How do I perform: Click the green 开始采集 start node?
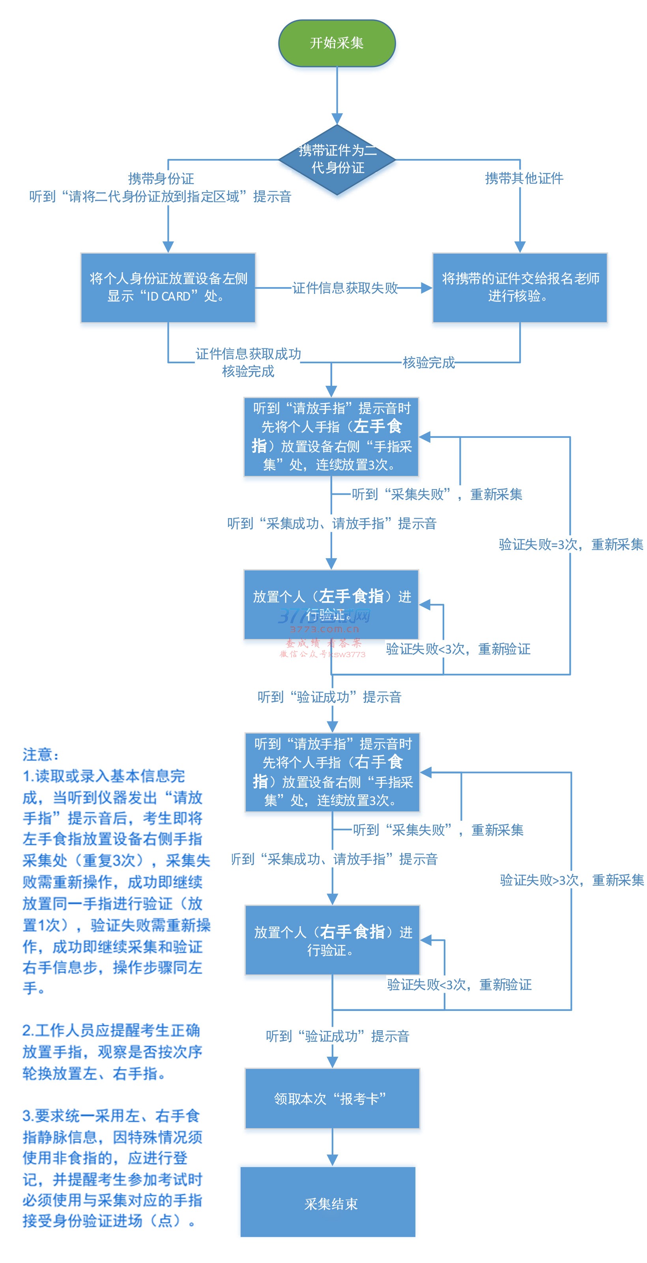[337, 43]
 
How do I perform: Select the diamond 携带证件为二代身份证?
[337, 159]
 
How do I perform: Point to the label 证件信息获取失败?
[345, 288]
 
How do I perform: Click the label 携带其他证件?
[524, 178]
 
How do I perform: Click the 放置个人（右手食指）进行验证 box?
[332, 940]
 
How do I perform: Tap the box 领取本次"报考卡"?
[332, 1099]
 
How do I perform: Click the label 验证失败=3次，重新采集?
[570, 544]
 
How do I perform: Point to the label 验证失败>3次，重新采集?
[572, 880]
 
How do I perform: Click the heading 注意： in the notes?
[41, 754]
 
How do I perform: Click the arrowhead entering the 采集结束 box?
[333, 1160]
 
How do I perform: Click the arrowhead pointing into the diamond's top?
[337, 119]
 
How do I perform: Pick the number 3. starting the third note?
[28, 1116]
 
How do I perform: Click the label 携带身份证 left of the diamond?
[161, 178]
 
